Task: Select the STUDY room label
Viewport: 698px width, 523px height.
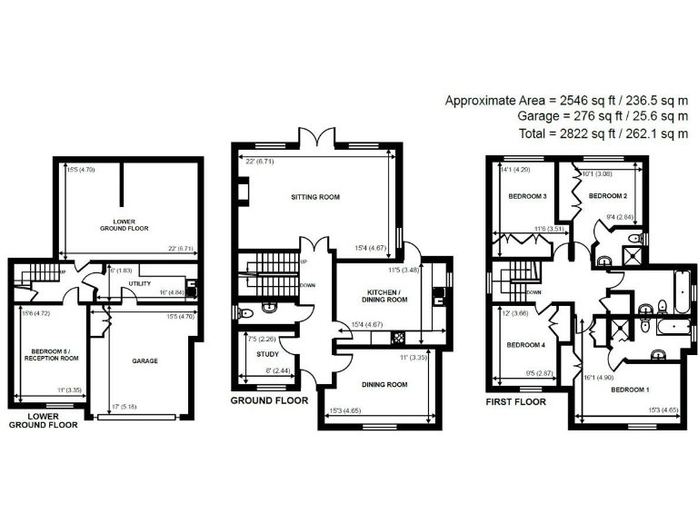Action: (x=267, y=355)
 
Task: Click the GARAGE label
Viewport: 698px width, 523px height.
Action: (x=145, y=360)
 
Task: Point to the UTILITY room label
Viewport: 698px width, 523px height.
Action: (x=139, y=284)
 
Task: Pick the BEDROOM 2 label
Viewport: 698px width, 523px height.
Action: (x=609, y=196)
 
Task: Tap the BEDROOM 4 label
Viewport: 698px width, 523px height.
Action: (x=526, y=345)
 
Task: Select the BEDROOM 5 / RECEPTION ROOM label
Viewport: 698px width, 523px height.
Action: (x=49, y=355)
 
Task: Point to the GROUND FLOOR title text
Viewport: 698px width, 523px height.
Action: (x=269, y=400)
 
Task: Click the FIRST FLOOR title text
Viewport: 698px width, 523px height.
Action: (x=515, y=400)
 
